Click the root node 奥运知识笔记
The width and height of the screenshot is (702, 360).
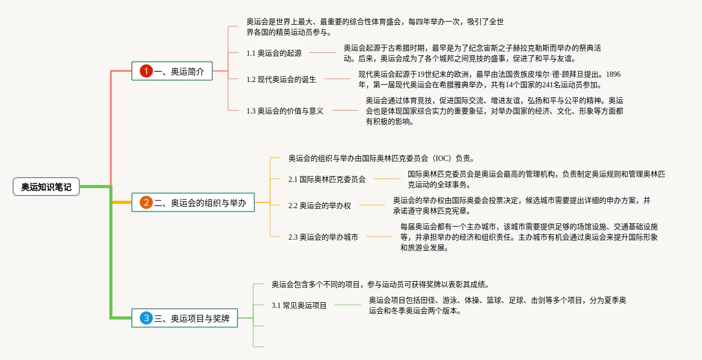46,187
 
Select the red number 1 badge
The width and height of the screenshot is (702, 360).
146,71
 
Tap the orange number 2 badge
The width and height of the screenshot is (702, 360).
146,202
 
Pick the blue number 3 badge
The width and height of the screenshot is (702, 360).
146,318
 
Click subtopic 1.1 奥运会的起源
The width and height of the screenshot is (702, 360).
274,53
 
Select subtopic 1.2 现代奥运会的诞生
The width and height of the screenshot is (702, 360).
281,79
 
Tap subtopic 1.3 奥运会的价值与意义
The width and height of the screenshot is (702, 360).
285,110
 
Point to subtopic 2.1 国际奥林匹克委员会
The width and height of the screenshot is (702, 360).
327,179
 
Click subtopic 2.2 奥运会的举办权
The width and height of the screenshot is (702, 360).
319,205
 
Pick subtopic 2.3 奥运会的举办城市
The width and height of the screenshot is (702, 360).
323,237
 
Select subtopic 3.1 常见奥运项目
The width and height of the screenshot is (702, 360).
299,305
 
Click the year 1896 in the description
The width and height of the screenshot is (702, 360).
613,74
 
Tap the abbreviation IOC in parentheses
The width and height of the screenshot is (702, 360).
440,158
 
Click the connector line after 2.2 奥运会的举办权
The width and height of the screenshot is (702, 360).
372,205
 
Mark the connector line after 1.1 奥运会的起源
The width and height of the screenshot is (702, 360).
323,53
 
